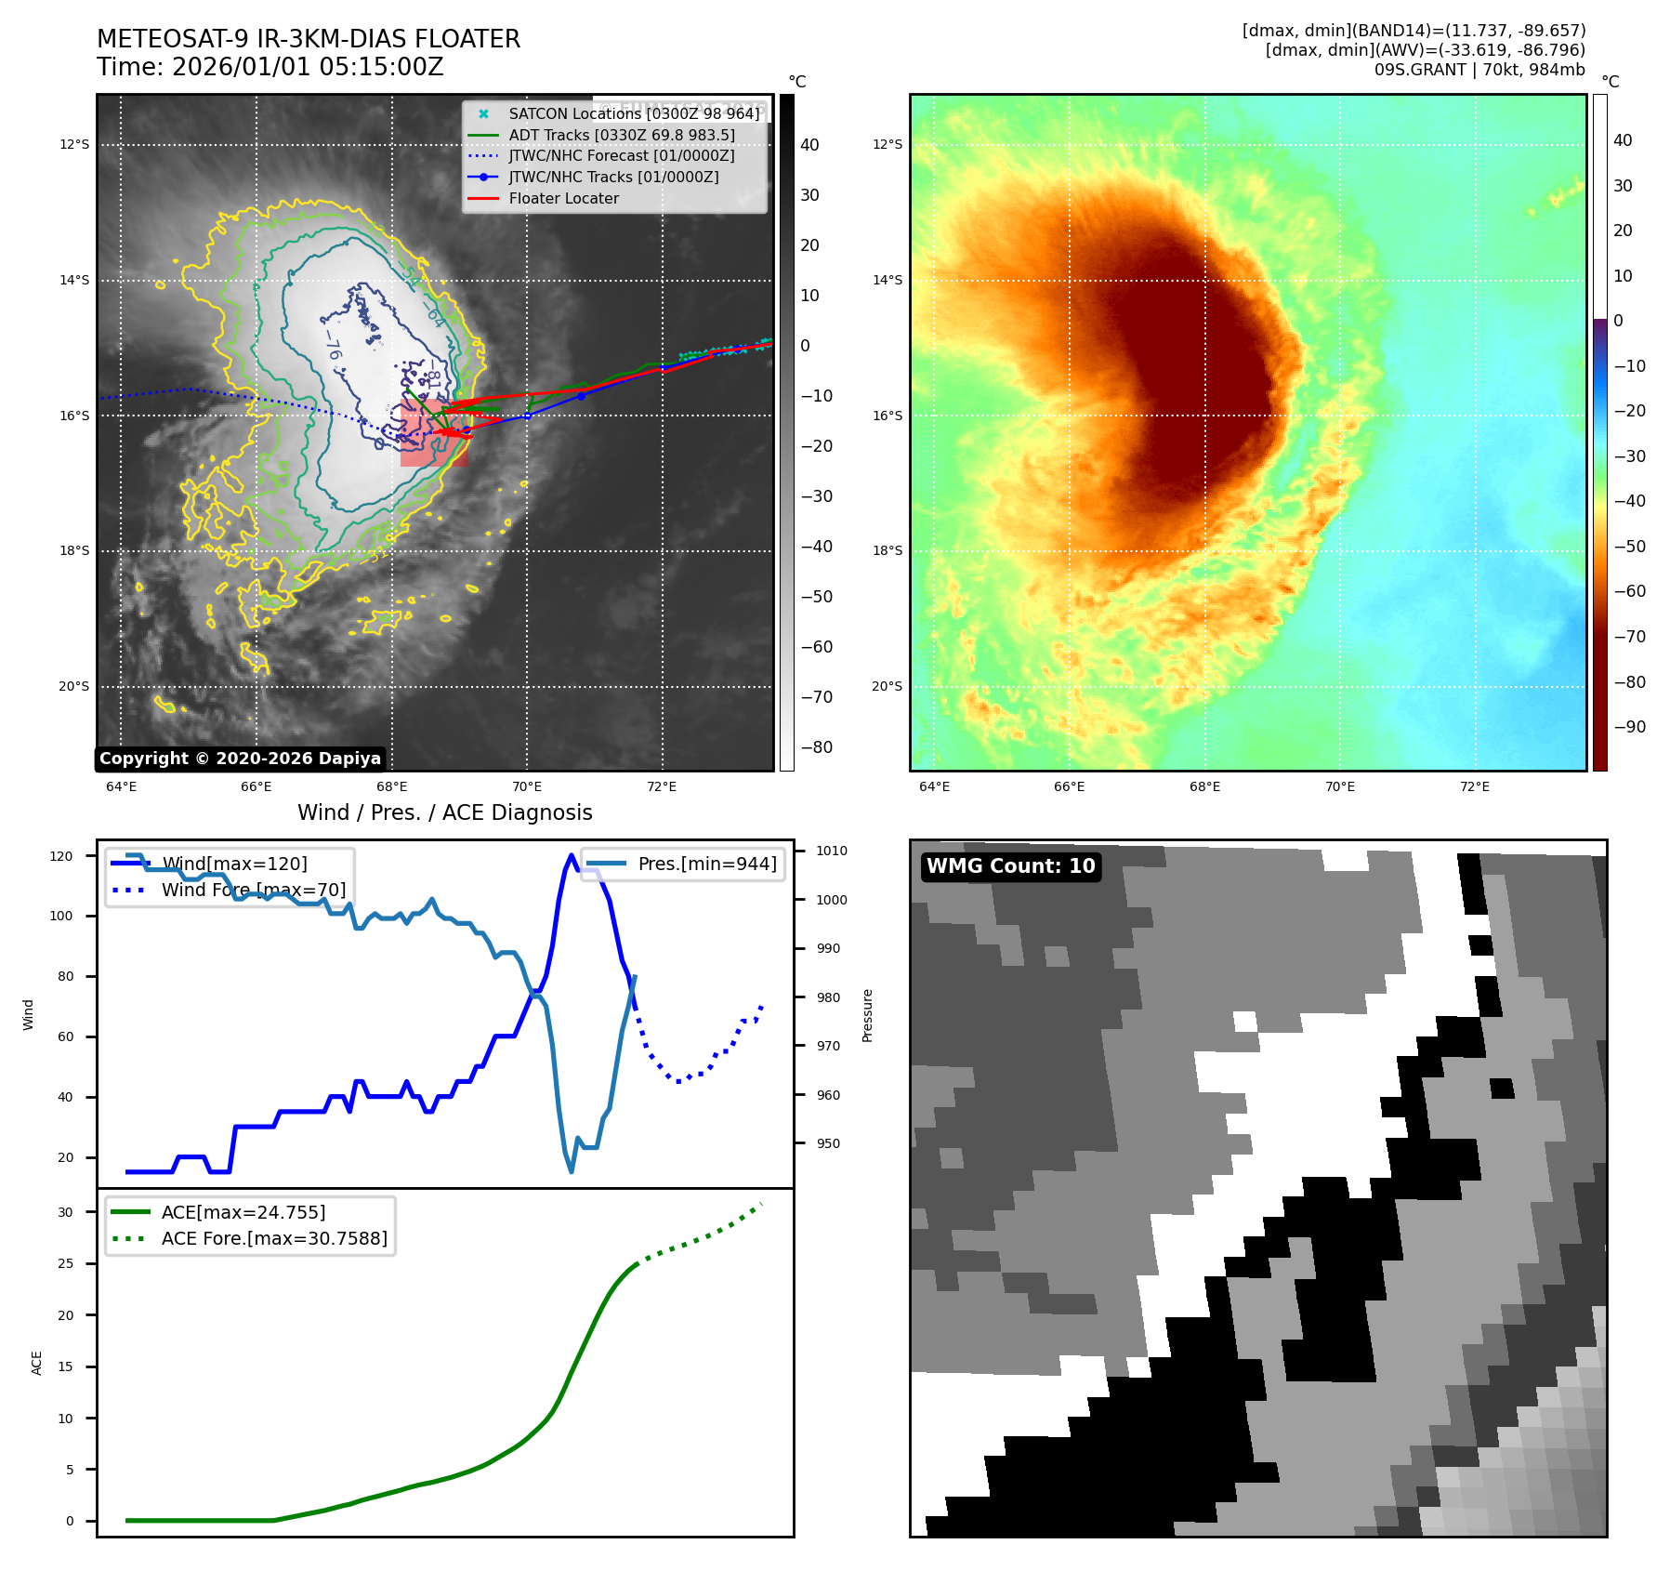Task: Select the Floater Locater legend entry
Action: click(x=563, y=198)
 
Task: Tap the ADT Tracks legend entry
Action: click(x=621, y=135)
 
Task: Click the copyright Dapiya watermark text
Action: click(x=240, y=759)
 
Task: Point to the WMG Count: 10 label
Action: click(x=1010, y=866)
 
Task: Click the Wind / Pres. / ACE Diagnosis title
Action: click(x=444, y=812)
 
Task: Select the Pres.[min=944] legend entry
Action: click(x=706, y=864)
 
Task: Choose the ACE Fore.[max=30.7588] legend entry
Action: click(x=274, y=1238)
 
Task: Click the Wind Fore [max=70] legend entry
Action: click(x=253, y=890)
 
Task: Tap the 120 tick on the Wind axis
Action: click(x=61, y=856)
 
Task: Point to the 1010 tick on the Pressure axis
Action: click(x=832, y=851)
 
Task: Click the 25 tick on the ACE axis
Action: click(x=65, y=1263)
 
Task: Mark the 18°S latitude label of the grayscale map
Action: click(x=74, y=550)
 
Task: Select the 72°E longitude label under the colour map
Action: click(x=1474, y=786)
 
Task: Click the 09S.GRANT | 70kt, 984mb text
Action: click(x=1479, y=70)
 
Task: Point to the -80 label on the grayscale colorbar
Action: click(x=817, y=747)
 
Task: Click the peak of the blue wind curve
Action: click(x=571, y=855)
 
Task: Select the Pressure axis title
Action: click(x=867, y=1015)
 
